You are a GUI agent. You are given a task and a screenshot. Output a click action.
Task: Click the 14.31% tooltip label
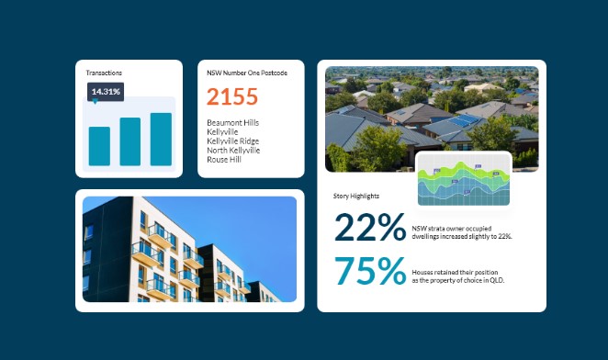(106, 92)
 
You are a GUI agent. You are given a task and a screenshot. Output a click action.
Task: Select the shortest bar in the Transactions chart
(99, 146)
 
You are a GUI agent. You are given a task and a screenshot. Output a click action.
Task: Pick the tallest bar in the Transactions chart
(161, 139)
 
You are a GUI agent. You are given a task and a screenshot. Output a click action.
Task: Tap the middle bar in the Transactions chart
(130, 141)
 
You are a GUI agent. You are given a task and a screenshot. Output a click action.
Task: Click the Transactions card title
(104, 73)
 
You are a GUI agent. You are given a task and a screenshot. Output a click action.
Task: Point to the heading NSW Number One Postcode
(247, 73)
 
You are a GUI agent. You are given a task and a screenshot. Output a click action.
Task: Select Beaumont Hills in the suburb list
(233, 122)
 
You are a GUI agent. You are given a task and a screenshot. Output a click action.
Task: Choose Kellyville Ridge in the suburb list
(234, 141)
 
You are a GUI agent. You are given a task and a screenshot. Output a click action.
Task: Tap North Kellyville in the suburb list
(233, 150)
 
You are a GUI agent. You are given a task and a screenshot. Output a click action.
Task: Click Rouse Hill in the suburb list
(224, 159)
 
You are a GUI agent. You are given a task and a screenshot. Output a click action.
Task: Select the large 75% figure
(370, 272)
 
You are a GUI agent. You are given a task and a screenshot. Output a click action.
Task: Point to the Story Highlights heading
(356, 196)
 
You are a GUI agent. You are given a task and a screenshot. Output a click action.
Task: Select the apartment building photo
(189, 249)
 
